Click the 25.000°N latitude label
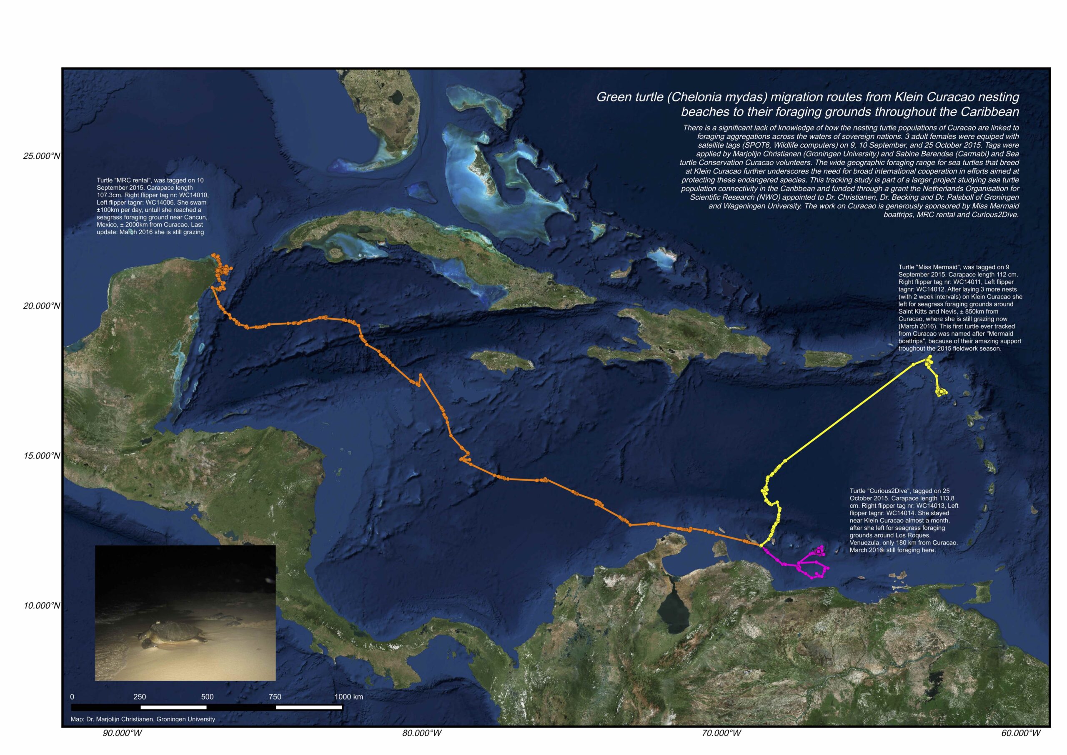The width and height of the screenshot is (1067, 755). (x=41, y=156)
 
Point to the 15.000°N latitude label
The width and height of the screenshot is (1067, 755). (x=41, y=456)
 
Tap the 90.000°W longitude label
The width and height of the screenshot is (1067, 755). (x=122, y=733)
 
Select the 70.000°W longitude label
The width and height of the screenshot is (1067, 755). (x=721, y=733)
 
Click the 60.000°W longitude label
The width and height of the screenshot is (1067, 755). (x=1021, y=733)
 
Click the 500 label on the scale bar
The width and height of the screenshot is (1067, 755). (x=207, y=697)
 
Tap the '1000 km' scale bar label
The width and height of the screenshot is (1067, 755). (x=348, y=697)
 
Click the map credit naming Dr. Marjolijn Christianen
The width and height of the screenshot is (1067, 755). (x=143, y=719)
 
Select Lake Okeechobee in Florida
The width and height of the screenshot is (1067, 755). (x=397, y=97)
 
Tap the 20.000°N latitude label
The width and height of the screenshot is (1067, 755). (x=41, y=306)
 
